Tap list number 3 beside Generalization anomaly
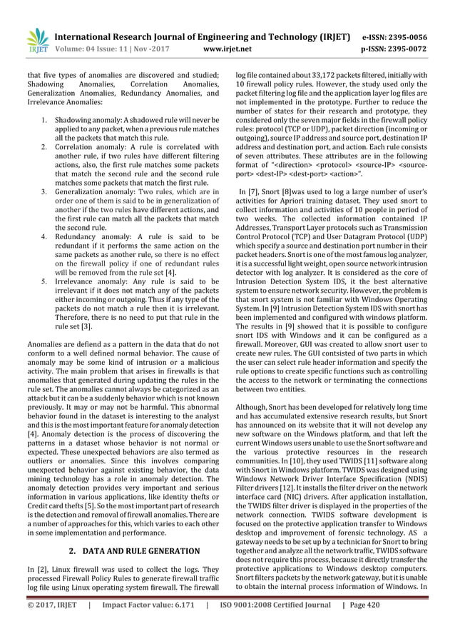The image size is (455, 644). (x=44, y=191)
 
